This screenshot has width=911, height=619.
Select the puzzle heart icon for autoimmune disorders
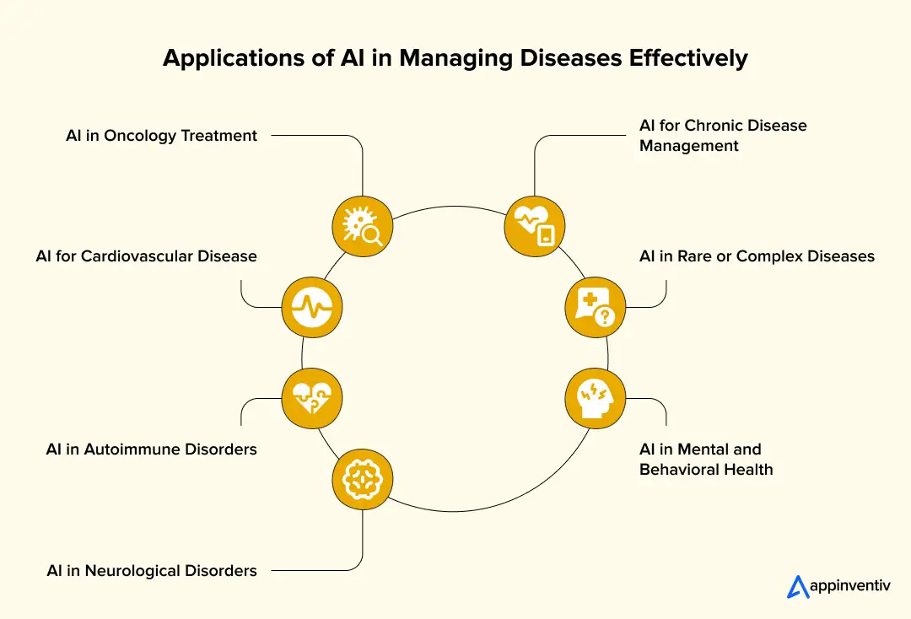click(x=312, y=394)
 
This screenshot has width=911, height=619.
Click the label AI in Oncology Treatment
click(x=161, y=136)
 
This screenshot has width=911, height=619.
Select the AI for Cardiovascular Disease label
click(x=146, y=256)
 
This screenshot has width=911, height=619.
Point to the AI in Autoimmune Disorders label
click(x=151, y=449)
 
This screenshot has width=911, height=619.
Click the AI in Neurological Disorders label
click(x=152, y=571)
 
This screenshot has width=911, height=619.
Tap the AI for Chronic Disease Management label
click(x=722, y=135)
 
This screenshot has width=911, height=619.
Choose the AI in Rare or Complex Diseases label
click(x=757, y=256)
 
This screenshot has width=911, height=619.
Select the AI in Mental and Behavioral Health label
click(x=705, y=459)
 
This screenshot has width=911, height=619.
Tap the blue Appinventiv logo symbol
click(x=798, y=586)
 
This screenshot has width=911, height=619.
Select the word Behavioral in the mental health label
click(x=684, y=470)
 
